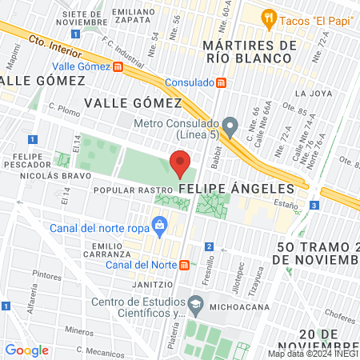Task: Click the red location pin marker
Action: (x=180, y=164)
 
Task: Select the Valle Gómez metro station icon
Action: (x=118, y=66)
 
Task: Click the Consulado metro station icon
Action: (x=222, y=82)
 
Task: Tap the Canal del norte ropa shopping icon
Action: (x=160, y=225)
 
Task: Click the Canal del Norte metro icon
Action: (x=185, y=265)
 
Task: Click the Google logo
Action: (x=26, y=350)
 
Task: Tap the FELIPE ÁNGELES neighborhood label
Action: (x=237, y=188)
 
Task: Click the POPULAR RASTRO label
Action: (x=134, y=190)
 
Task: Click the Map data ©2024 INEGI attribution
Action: (x=313, y=354)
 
